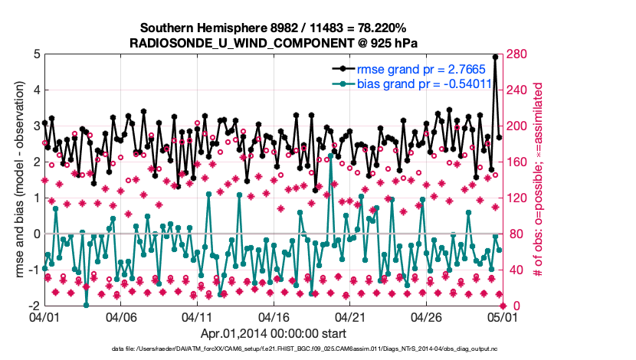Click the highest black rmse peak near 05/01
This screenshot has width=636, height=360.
pyautogui.click(x=495, y=57)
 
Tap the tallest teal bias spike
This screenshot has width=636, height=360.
pyautogui.click(x=330, y=155)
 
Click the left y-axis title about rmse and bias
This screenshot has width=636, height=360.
pyautogui.click(x=16, y=180)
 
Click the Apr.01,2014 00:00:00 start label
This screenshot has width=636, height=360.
pyautogui.click(x=273, y=333)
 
